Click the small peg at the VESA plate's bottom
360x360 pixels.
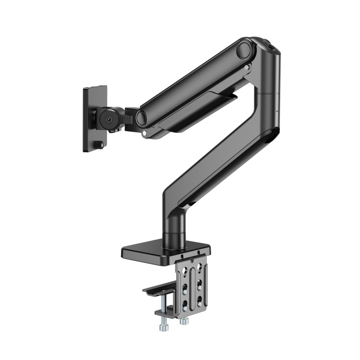[x=99, y=144]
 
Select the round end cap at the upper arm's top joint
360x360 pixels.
[x=245, y=49]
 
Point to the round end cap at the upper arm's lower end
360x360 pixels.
[x=142, y=118]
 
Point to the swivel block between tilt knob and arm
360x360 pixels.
[x=130, y=119]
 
